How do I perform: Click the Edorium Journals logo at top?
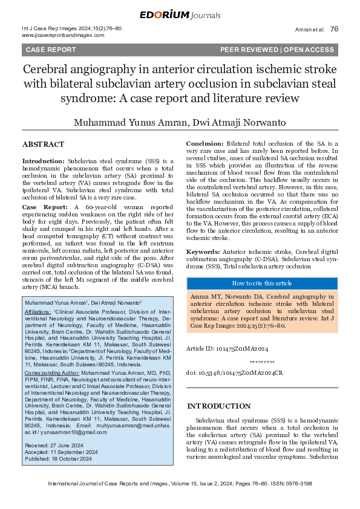coord(179,15)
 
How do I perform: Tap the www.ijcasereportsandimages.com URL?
coord(59,36)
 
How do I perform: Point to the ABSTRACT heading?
coord(43,145)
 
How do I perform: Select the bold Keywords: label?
coord(203,251)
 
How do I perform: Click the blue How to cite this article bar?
coord(262,283)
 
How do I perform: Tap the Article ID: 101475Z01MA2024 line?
coord(227,349)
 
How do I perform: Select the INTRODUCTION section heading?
coord(218,406)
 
